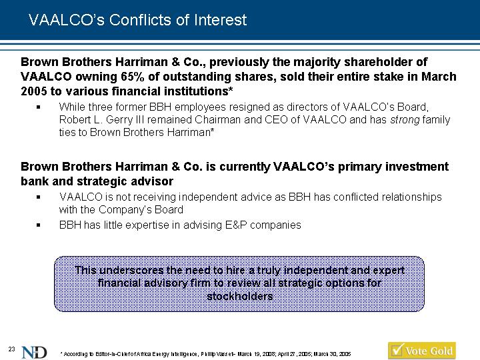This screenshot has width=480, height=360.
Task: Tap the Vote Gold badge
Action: pyautogui.click(x=422, y=351)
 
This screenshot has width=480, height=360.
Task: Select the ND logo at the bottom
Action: pyautogui.click(x=34, y=353)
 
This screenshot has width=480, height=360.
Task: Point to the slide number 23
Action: pyautogui.click(x=11, y=349)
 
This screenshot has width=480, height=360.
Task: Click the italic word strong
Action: pyautogui.click(x=405, y=120)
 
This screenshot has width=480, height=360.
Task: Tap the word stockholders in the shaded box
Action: pyautogui.click(x=240, y=296)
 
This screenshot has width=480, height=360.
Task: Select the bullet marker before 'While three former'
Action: pyautogui.click(x=38, y=107)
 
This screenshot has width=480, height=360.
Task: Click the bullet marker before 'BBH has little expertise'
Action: pyautogui.click(x=38, y=225)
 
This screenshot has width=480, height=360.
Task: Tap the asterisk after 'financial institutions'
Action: pyautogui.click(x=231, y=89)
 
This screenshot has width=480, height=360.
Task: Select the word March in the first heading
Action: pyautogui.click(x=439, y=77)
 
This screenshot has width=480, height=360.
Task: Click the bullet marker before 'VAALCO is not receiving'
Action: pyautogui.click(x=38, y=197)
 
